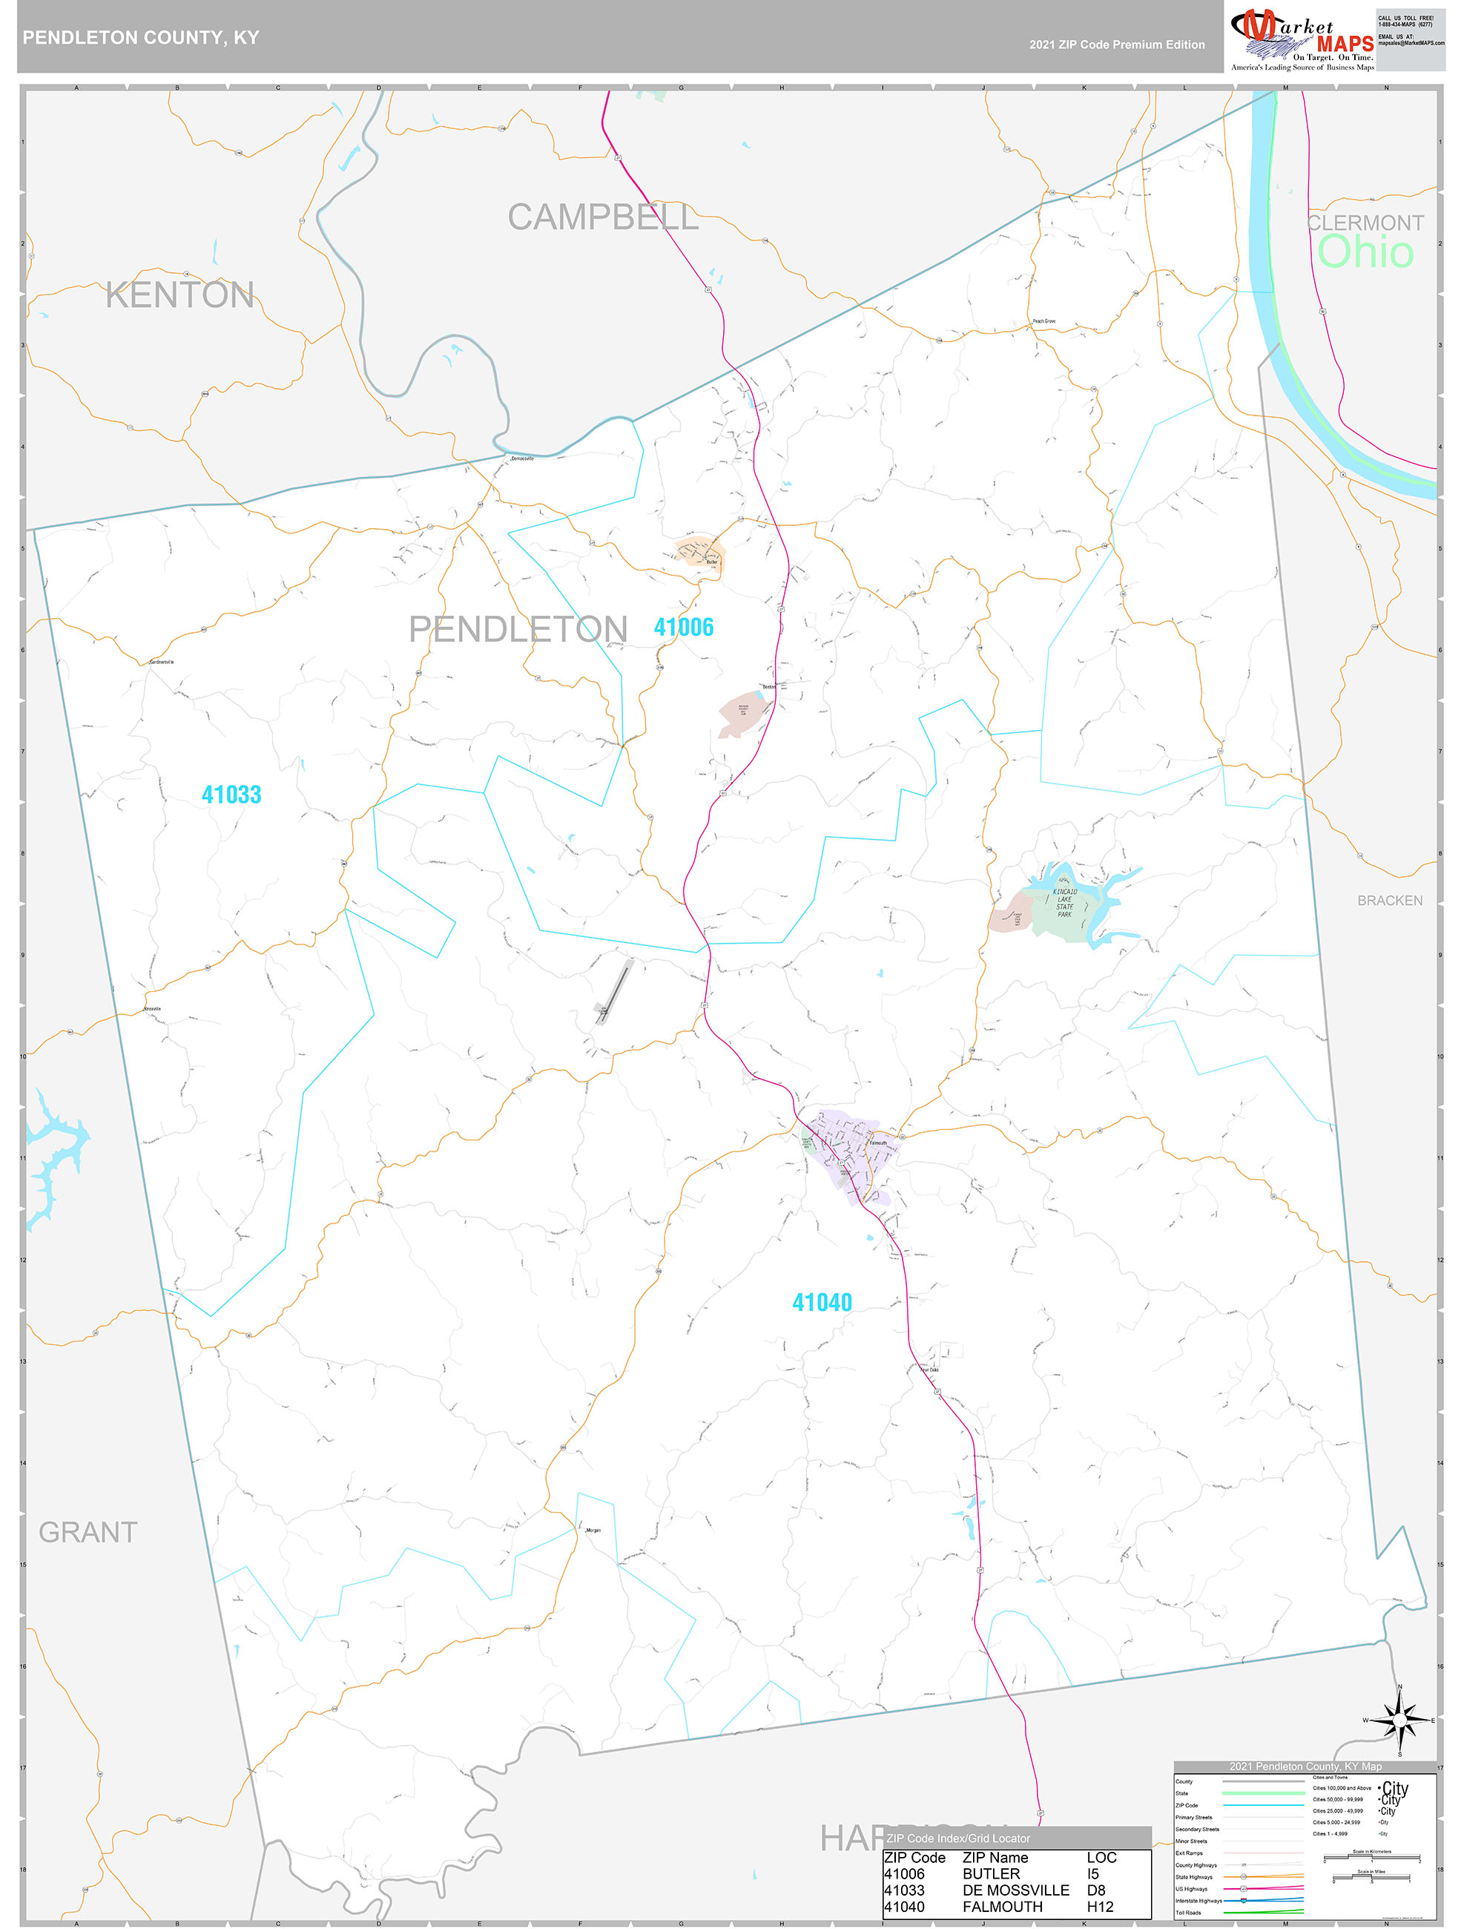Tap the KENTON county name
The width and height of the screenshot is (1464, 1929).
(179, 295)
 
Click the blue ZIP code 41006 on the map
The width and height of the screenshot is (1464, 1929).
(684, 627)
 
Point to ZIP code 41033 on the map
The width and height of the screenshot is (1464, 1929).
(231, 795)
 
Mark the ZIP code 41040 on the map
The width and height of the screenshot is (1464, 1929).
(822, 1302)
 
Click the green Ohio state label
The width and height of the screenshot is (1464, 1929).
(1365, 252)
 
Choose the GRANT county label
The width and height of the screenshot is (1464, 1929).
(88, 1532)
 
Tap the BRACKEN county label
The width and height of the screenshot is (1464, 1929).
(1389, 901)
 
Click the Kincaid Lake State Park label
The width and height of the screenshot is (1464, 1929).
(1065, 904)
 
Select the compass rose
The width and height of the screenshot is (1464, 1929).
(1399, 1721)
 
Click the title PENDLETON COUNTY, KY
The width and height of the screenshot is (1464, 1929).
(140, 38)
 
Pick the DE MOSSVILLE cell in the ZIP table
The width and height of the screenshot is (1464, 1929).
(1015, 1890)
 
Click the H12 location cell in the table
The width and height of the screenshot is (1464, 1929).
(1100, 1906)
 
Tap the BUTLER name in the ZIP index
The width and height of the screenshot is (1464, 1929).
(991, 1873)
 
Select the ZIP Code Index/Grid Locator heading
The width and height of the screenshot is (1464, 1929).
(957, 1838)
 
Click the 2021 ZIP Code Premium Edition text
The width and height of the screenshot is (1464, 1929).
(1116, 45)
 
